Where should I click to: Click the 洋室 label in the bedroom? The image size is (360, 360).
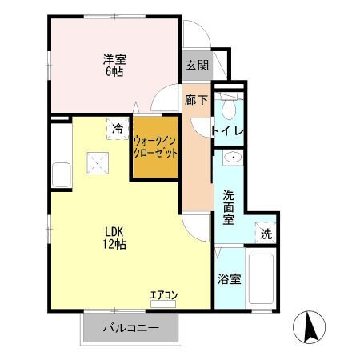coord(113,58)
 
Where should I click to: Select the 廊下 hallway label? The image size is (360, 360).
coord(196,102)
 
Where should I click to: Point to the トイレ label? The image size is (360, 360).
coord(228,130)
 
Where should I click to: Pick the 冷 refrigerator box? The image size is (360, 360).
coord(118,128)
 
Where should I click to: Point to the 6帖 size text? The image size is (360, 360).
coord(113,70)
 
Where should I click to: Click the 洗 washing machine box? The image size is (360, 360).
coord(266,235)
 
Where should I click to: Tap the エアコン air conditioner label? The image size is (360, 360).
coord(164,295)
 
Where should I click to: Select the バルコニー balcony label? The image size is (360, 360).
coord(130,328)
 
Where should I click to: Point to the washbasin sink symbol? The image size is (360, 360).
coord(232,158)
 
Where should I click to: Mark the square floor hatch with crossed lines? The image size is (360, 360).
coord(99,164)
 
